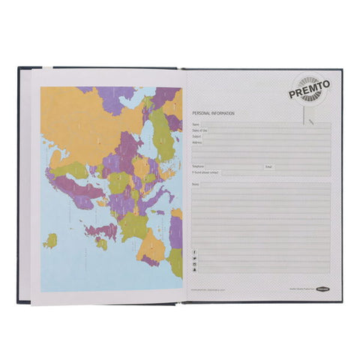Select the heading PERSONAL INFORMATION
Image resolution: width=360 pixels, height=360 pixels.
[213, 112]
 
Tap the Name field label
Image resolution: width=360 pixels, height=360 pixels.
[195, 124]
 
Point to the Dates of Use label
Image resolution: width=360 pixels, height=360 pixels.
[199, 130]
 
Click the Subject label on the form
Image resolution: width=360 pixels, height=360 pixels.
[196, 136]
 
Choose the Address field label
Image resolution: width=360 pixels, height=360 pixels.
[196, 142]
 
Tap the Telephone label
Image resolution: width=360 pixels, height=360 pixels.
[199, 166]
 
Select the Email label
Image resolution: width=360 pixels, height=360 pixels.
[268, 166]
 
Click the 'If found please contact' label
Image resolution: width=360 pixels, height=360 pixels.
[205, 172]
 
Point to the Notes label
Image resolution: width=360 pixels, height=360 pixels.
[195, 184]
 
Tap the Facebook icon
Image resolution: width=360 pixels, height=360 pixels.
[195, 251]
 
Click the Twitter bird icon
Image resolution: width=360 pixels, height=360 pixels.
[195, 258]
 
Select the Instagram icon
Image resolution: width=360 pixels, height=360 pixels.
[195, 265]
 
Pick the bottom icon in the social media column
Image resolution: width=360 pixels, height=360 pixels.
[195, 271]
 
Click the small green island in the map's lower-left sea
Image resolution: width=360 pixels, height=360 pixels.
[51, 241]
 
